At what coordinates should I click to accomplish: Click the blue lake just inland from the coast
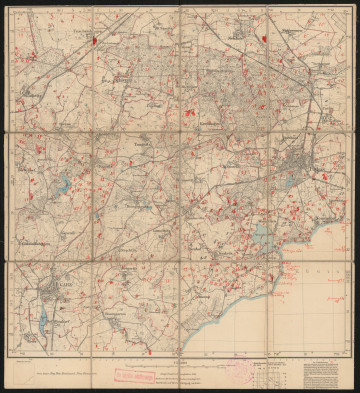[260, 236]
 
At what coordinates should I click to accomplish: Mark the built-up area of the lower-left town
[52, 296]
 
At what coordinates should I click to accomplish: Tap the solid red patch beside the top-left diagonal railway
[91, 42]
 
